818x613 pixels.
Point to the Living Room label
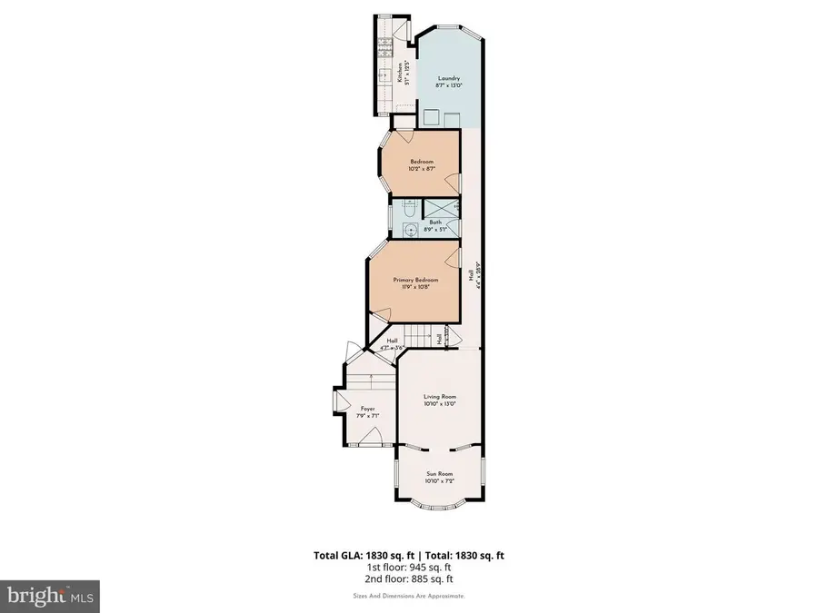[439, 397]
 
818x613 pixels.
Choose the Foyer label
[367, 409]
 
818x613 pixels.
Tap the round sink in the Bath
[411, 229]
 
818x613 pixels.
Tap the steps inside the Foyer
[368, 381]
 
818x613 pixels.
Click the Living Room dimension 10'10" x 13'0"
[439, 404]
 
